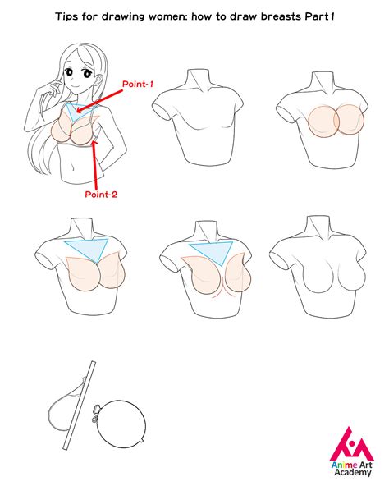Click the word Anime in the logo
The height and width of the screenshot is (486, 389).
[x=340, y=464]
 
